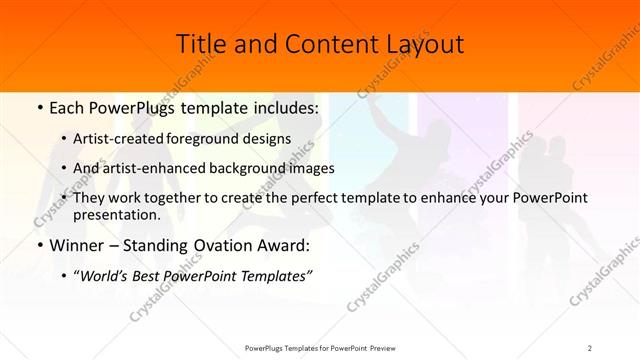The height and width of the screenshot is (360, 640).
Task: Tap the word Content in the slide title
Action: [x=319, y=44]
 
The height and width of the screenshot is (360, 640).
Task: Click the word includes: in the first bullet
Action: [x=282, y=106]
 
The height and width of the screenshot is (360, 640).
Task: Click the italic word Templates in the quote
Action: [x=274, y=276]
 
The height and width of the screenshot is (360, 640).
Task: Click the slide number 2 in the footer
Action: [x=590, y=347]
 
